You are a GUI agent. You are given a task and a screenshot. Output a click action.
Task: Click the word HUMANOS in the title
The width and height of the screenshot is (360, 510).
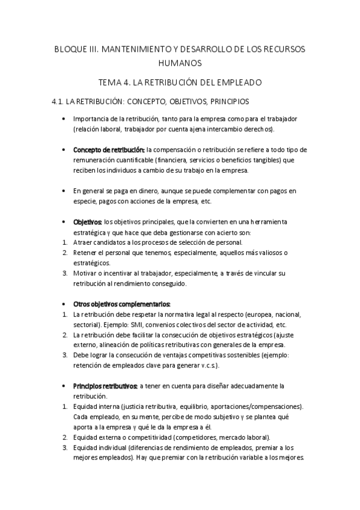click(x=180, y=63)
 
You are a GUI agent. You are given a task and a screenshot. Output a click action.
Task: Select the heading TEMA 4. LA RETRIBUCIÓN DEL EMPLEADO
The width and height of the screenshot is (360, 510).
click(x=180, y=82)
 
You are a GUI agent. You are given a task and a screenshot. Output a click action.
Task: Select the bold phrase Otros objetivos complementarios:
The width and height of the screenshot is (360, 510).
click(x=121, y=303)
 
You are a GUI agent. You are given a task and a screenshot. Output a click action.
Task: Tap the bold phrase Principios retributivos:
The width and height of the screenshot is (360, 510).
click(x=105, y=385)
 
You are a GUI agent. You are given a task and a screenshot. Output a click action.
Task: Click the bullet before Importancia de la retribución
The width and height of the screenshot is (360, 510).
click(x=64, y=119)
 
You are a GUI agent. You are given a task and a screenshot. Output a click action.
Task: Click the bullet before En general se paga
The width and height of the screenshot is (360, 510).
click(x=64, y=191)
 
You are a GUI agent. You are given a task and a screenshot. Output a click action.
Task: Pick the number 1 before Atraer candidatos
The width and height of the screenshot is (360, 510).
click(x=64, y=242)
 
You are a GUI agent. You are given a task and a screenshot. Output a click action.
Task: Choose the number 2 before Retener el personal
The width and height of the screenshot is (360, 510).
click(x=64, y=253)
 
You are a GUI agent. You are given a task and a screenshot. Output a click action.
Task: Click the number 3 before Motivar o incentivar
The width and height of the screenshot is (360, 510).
click(x=64, y=273)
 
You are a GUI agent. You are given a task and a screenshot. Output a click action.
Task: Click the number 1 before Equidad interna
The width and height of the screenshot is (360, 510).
click(x=64, y=407)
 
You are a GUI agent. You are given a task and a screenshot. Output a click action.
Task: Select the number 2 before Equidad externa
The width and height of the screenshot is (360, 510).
click(x=64, y=437)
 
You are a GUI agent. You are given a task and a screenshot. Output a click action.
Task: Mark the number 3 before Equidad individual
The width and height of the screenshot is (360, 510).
click(x=64, y=447)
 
